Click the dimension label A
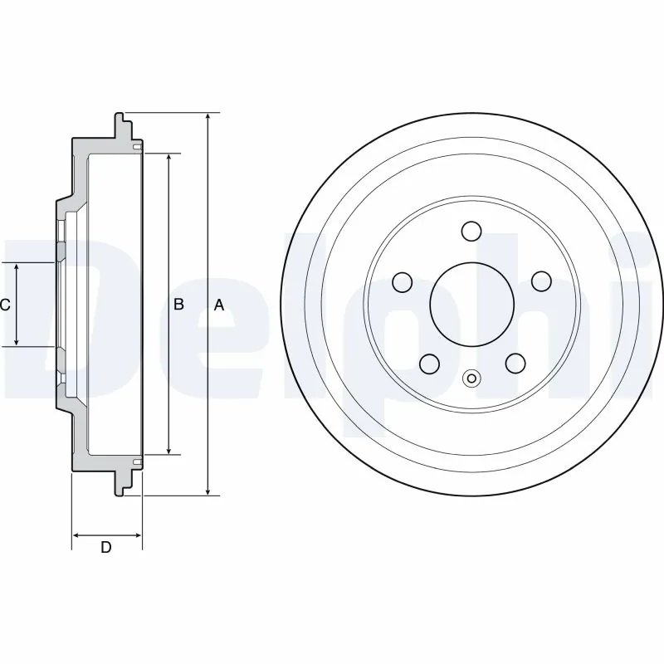219,305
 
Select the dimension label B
178,305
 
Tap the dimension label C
5,305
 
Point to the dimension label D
105,547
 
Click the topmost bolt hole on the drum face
471,231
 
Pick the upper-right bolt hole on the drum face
541,282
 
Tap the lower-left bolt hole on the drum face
429,363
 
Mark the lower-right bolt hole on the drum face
515,363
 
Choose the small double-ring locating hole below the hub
471,379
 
